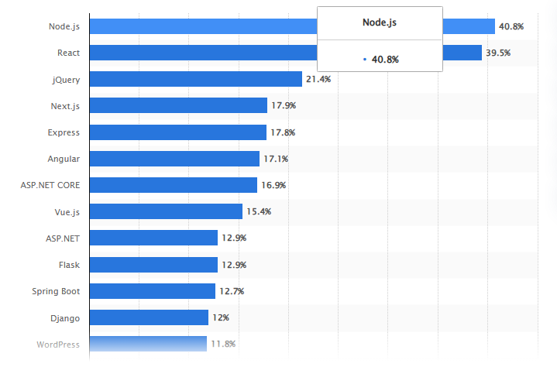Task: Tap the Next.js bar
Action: (x=178, y=105)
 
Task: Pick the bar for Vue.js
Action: (x=166, y=211)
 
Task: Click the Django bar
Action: (x=149, y=317)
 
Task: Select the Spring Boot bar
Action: (x=152, y=291)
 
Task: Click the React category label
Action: (x=68, y=53)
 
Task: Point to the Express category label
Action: (x=64, y=132)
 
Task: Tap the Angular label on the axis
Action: (x=64, y=159)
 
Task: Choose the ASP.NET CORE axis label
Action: (x=50, y=185)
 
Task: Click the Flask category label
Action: (x=69, y=265)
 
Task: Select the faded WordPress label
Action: (x=57, y=344)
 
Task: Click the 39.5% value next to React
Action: (x=499, y=53)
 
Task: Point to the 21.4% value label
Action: (x=318, y=79)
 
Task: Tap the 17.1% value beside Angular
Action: (x=276, y=159)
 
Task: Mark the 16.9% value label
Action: (x=273, y=185)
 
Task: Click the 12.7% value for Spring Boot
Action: (x=232, y=291)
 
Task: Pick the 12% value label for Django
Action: (x=222, y=317)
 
